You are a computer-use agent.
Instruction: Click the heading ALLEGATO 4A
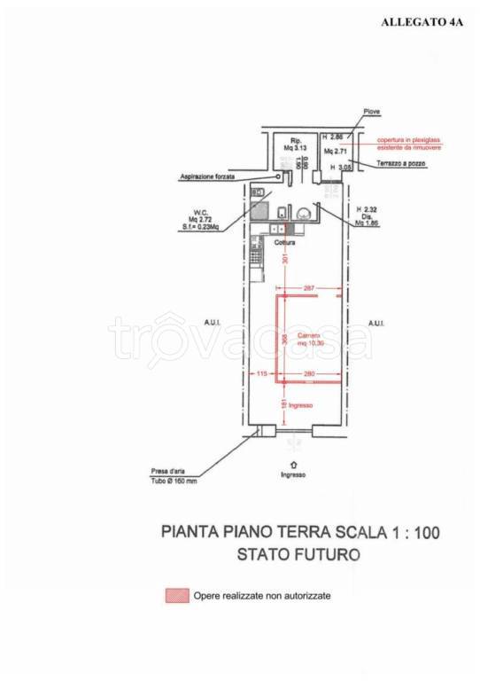tap(422, 24)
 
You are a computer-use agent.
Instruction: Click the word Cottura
tap(284, 242)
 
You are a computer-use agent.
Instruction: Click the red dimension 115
tap(261, 374)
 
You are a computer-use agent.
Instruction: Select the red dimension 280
tap(309, 374)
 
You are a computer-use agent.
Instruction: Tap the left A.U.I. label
tap(212, 324)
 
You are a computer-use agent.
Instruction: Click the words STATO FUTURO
tap(298, 555)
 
